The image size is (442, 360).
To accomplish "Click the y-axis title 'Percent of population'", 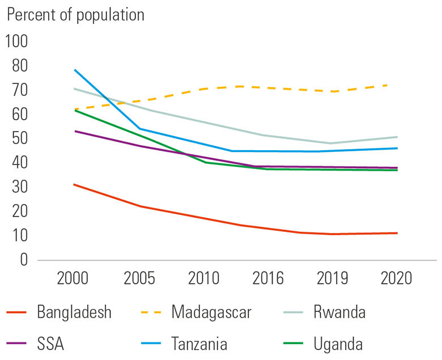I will (x=75, y=15).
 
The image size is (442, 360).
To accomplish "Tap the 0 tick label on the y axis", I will (x=24, y=260).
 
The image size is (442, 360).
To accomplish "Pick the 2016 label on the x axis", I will (x=268, y=279).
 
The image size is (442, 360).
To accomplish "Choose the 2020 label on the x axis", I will (x=397, y=279).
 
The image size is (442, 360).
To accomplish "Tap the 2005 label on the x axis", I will (x=139, y=279).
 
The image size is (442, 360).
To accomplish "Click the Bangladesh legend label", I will (x=74, y=312).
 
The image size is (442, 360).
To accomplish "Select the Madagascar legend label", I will (x=211, y=312).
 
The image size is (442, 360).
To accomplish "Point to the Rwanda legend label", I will (x=339, y=312).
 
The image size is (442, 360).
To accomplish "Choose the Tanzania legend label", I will (x=199, y=344).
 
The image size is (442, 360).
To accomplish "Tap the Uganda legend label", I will (x=338, y=344).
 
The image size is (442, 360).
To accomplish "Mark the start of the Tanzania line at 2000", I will (x=75, y=70).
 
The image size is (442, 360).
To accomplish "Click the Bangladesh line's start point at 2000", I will (x=75, y=184).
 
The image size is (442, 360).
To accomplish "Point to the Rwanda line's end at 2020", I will (x=397, y=137).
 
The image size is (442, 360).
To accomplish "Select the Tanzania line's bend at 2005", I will (x=139, y=129).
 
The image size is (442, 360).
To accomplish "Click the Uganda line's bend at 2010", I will (x=205, y=163).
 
